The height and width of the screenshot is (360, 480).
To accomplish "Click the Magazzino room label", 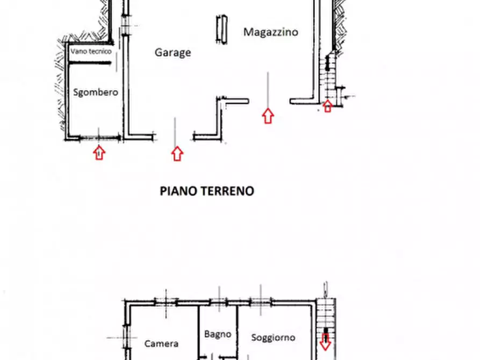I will (270, 32).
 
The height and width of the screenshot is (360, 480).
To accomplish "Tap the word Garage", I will (173, 53).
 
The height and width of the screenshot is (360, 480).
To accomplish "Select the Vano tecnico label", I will (91, 52).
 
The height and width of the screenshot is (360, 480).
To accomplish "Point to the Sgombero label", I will (95, 92).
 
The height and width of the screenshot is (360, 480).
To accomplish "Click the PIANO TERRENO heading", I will (207, 191).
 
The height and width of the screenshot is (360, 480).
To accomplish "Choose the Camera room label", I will (161, 343).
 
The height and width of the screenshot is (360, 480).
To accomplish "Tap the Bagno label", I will (218, 334).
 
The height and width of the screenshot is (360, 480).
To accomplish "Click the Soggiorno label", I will (273, 337).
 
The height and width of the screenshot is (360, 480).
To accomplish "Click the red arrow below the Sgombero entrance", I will (98, 153).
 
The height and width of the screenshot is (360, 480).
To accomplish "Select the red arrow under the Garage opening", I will (177, 154).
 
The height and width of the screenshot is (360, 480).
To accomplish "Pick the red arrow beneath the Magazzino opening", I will (268, 116).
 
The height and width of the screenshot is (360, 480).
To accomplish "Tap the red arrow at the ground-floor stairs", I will (327, 106).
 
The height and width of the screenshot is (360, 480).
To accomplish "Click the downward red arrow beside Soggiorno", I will (325, 341).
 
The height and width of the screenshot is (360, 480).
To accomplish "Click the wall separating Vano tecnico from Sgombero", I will (90, 62).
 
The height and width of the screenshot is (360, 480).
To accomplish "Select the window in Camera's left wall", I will (127, 337).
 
